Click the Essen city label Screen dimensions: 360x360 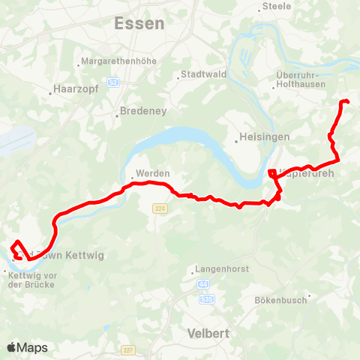tap(139, 23)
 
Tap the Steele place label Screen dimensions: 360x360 tap(277, 7)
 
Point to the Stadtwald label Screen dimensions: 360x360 tap(198, 75)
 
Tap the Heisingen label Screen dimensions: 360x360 tap(259, 137)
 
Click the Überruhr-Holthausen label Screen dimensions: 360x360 tap(298, 80)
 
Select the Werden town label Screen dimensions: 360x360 tap(152, 173)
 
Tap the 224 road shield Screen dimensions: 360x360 tap(158, 208)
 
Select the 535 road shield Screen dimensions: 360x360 tap(208, 299)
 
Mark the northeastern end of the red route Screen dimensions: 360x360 tap(347, 101)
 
